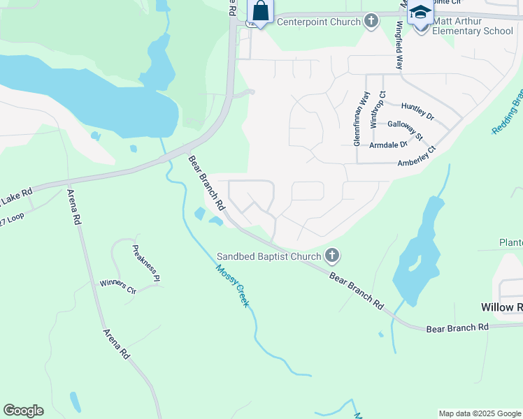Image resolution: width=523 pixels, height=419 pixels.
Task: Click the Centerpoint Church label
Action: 318,22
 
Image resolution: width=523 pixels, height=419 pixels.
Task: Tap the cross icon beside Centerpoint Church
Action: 371,22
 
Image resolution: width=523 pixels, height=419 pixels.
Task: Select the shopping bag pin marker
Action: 260,12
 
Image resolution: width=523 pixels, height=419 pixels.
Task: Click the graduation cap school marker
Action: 420,13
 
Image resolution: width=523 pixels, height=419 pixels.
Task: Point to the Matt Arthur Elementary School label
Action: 473,26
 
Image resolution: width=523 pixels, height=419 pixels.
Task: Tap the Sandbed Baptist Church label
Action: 268,256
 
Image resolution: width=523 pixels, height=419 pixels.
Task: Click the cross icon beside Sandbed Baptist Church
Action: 332,256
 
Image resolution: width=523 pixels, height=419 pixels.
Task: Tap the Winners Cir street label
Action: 117,286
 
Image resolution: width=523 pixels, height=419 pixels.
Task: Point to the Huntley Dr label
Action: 417,110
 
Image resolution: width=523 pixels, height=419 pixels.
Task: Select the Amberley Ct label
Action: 417,156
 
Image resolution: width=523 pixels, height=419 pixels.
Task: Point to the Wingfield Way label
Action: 399,44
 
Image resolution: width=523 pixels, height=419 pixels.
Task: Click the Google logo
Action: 23,411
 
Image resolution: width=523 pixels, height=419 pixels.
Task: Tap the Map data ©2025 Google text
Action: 480,413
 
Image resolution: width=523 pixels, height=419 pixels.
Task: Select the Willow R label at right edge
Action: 501,307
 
